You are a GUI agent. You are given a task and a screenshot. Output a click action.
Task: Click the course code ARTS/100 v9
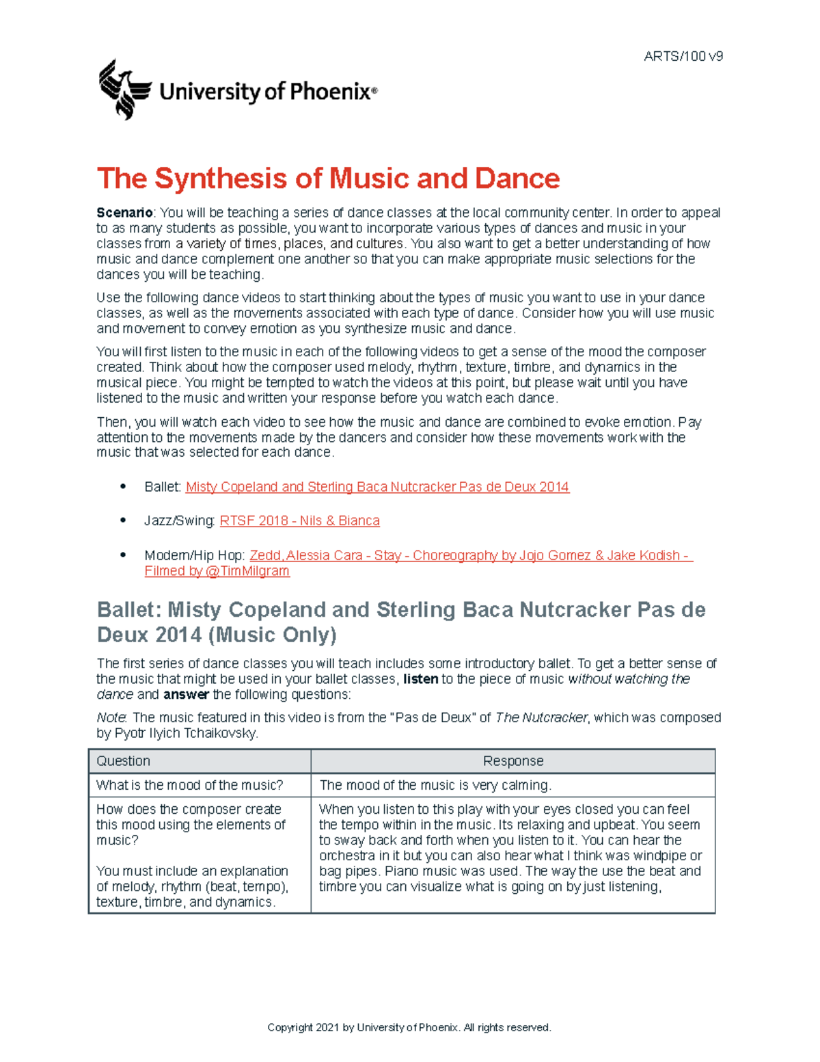click(x=683, y=56)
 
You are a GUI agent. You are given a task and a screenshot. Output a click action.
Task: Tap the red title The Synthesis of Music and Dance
click(x=328, y=178)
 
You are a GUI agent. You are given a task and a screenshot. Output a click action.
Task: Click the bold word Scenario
click(x=124, y=213)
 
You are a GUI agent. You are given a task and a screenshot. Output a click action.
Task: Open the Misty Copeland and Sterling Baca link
click(x=377, y=487)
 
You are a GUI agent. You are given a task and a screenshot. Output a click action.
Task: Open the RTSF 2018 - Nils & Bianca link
click(x=299, y=520)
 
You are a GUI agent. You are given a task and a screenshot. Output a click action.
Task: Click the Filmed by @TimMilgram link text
click(x=217, y=571)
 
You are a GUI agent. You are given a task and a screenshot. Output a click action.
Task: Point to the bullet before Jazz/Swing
click(x=123, y=520)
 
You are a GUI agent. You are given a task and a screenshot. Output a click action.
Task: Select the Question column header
click(x=123, y=761)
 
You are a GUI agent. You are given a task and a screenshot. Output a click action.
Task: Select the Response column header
click(x=512, y=761)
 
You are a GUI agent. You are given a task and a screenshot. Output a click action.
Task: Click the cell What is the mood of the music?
click(x=189, y=785)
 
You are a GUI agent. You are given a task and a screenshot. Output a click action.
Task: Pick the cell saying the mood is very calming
click(x=435, y=785)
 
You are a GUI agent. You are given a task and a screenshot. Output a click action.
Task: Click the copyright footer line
click(x=409, y=1027)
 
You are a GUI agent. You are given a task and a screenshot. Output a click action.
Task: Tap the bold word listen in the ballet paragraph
click(x=420, y=679)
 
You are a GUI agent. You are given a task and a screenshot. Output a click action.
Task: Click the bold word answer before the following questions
click(x=186, y=695)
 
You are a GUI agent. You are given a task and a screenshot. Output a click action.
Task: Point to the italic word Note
click(x=111, y=717)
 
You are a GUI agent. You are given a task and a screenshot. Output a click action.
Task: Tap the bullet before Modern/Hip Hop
click(x=123, y=555)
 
